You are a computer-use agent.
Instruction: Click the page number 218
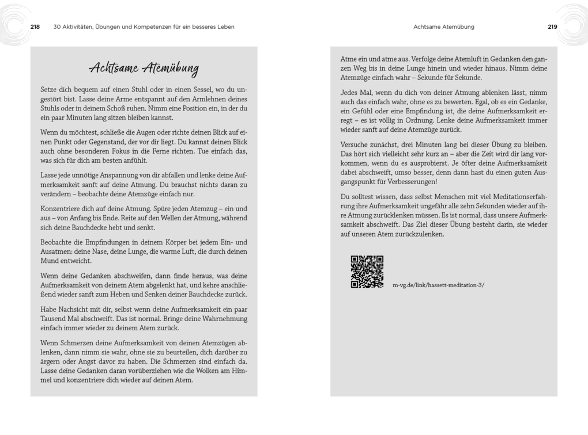pyautogui.click(x=35, y=26)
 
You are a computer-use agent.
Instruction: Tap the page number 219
pyautogui.click(x=552, y=26)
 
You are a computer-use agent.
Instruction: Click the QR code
pyautogui.click(x=367, y=272)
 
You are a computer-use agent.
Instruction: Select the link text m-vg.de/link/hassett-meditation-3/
pyautogui.click(x=438, y=285)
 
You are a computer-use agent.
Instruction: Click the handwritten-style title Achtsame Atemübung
pyautogui.click(x=144, y=68)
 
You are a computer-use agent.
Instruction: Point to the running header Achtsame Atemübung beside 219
pyautogui.click(x=444, y=26)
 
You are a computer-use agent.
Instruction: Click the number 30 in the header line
pyautogui.click(x=56, y=26)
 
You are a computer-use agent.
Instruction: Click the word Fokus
pyautogui.click(x=118, y=151)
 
